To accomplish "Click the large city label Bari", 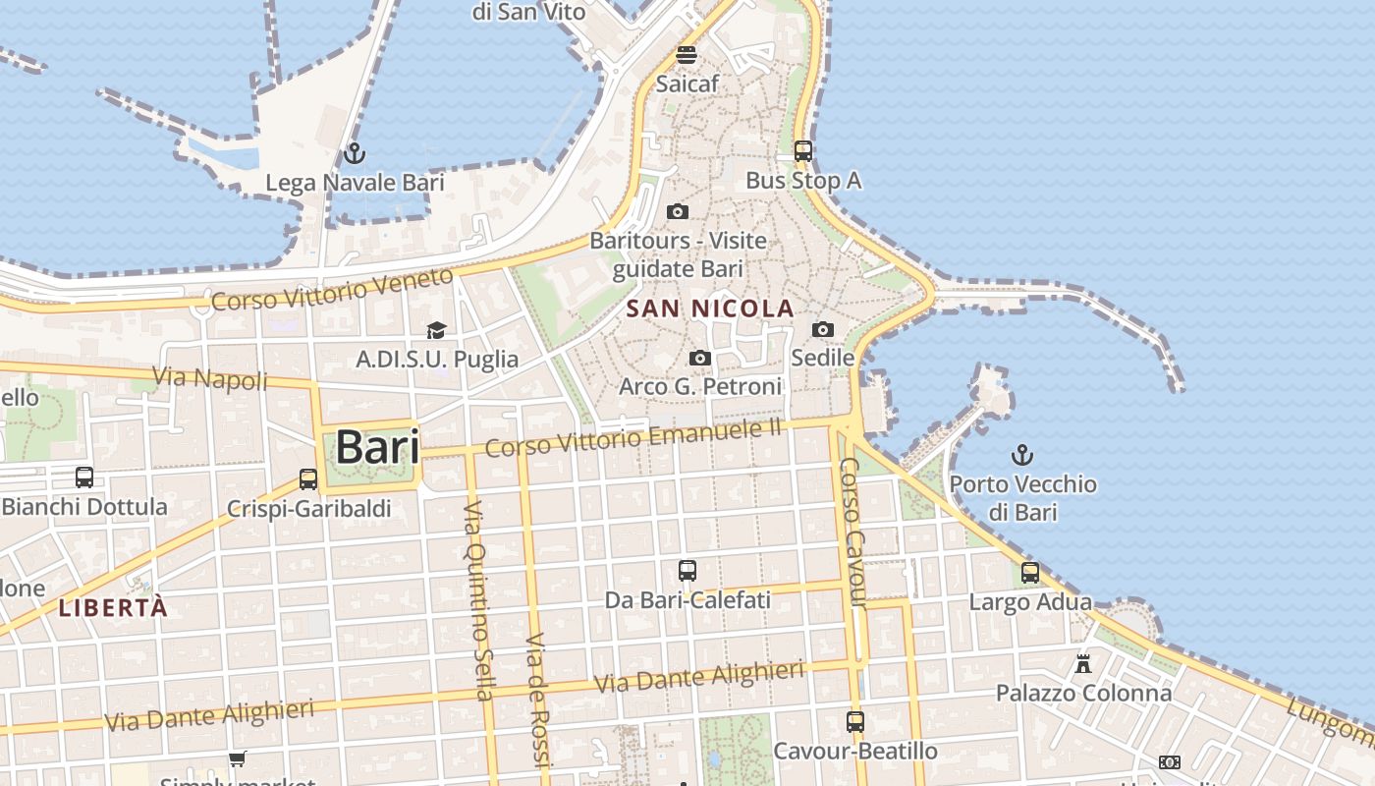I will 377,447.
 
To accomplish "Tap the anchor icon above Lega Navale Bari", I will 354,153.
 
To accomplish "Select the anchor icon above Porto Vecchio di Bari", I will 1022,455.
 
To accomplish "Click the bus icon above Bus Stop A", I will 803,151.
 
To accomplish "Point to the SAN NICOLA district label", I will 709,309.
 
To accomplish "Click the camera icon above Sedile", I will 823,329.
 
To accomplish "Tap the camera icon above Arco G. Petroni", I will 700,359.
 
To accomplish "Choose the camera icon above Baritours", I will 677,211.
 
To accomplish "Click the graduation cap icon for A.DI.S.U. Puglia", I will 436,331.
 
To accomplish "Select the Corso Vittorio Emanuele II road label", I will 633,438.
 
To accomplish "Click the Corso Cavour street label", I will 852,532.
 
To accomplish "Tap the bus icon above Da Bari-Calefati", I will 687,570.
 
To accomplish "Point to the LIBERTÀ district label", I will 113,607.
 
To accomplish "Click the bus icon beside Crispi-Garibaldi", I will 308,479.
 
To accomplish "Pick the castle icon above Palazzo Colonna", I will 1083,664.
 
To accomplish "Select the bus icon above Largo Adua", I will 1030,573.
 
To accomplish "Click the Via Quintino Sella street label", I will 477,599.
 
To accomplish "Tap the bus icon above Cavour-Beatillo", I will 855,722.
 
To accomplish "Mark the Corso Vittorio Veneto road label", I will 332,289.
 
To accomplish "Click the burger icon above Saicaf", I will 687,55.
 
